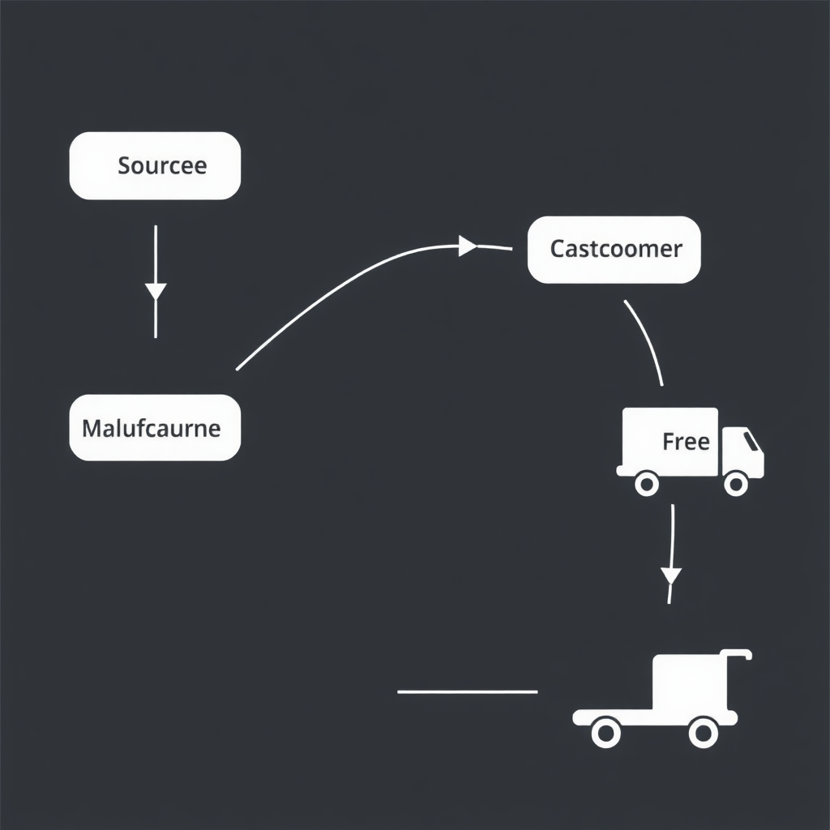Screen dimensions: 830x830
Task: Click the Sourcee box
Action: click(x=155, y=165)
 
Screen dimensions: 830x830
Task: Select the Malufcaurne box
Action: click(x=155, y=427)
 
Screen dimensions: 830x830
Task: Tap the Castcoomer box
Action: click(x=614, y=249)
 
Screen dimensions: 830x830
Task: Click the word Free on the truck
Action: click(x=686, y=442)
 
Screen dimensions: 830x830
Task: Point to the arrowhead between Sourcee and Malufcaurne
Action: click(x=156, y=291)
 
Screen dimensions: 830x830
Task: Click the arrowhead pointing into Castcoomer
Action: click(x=468, y=246)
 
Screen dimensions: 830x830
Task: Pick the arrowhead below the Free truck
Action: click(x=671, y=575)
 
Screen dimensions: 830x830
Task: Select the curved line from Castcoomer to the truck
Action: click(x=648, y=340)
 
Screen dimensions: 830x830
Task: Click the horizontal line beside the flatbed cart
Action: click(x=467, y=692)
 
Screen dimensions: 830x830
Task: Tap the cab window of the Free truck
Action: click(x=752, y=441)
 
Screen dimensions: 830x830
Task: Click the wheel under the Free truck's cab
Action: click(x=735, y=485)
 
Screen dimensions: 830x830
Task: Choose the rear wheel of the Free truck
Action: click(x=646, y=485)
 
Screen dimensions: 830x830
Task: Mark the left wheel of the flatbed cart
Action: click(x=605, y=734)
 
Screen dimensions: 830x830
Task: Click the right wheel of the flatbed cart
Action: click(x=703, y=734)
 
